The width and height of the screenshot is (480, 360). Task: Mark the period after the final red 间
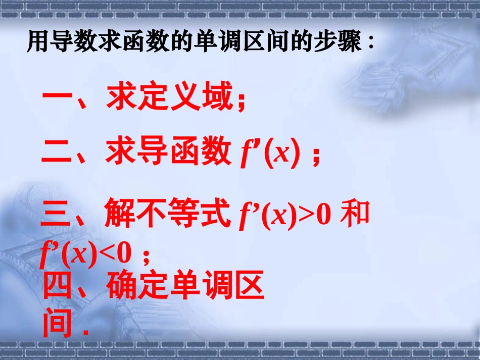[x=84, y=333]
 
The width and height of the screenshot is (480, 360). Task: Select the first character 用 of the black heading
[x=36, y=42]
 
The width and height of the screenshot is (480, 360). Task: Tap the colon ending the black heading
[x=370, y=43]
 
